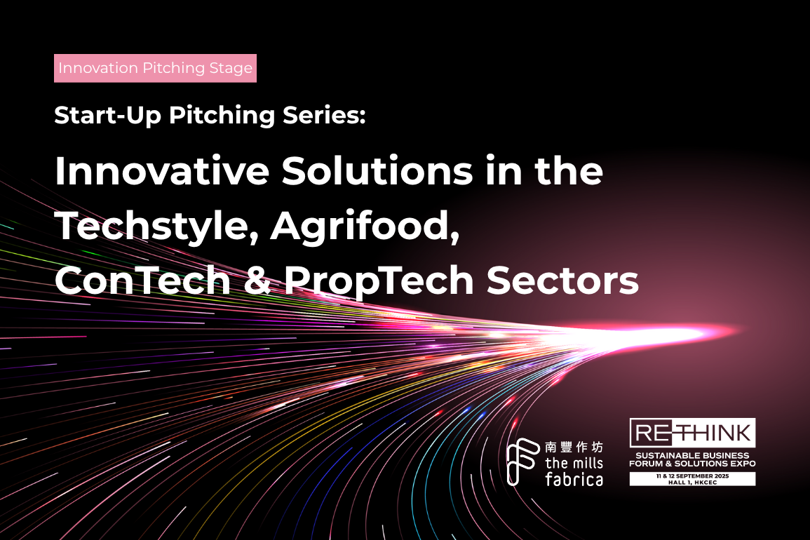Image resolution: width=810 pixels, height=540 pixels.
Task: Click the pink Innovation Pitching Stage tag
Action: click(155, 68)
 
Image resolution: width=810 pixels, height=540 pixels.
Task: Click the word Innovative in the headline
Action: click(162, 170)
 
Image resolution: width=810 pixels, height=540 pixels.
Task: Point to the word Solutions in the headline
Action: click(377, 170)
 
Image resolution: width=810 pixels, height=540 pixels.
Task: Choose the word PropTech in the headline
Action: click(379, 283)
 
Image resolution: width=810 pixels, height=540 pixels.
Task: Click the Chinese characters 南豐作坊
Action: click(574, 447)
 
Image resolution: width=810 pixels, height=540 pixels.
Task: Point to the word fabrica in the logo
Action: click(574, 479)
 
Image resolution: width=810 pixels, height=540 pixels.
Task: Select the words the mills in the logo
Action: click(574, 462)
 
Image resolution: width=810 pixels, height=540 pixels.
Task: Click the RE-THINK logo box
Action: click(692, 433)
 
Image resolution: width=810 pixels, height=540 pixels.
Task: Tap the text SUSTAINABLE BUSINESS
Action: click(692, 455)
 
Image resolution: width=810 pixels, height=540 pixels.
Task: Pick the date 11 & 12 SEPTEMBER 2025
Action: click(692, 476)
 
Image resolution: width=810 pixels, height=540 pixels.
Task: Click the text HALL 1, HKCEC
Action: click(692, 482)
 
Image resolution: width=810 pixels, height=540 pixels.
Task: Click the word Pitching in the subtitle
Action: click(222, 116)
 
